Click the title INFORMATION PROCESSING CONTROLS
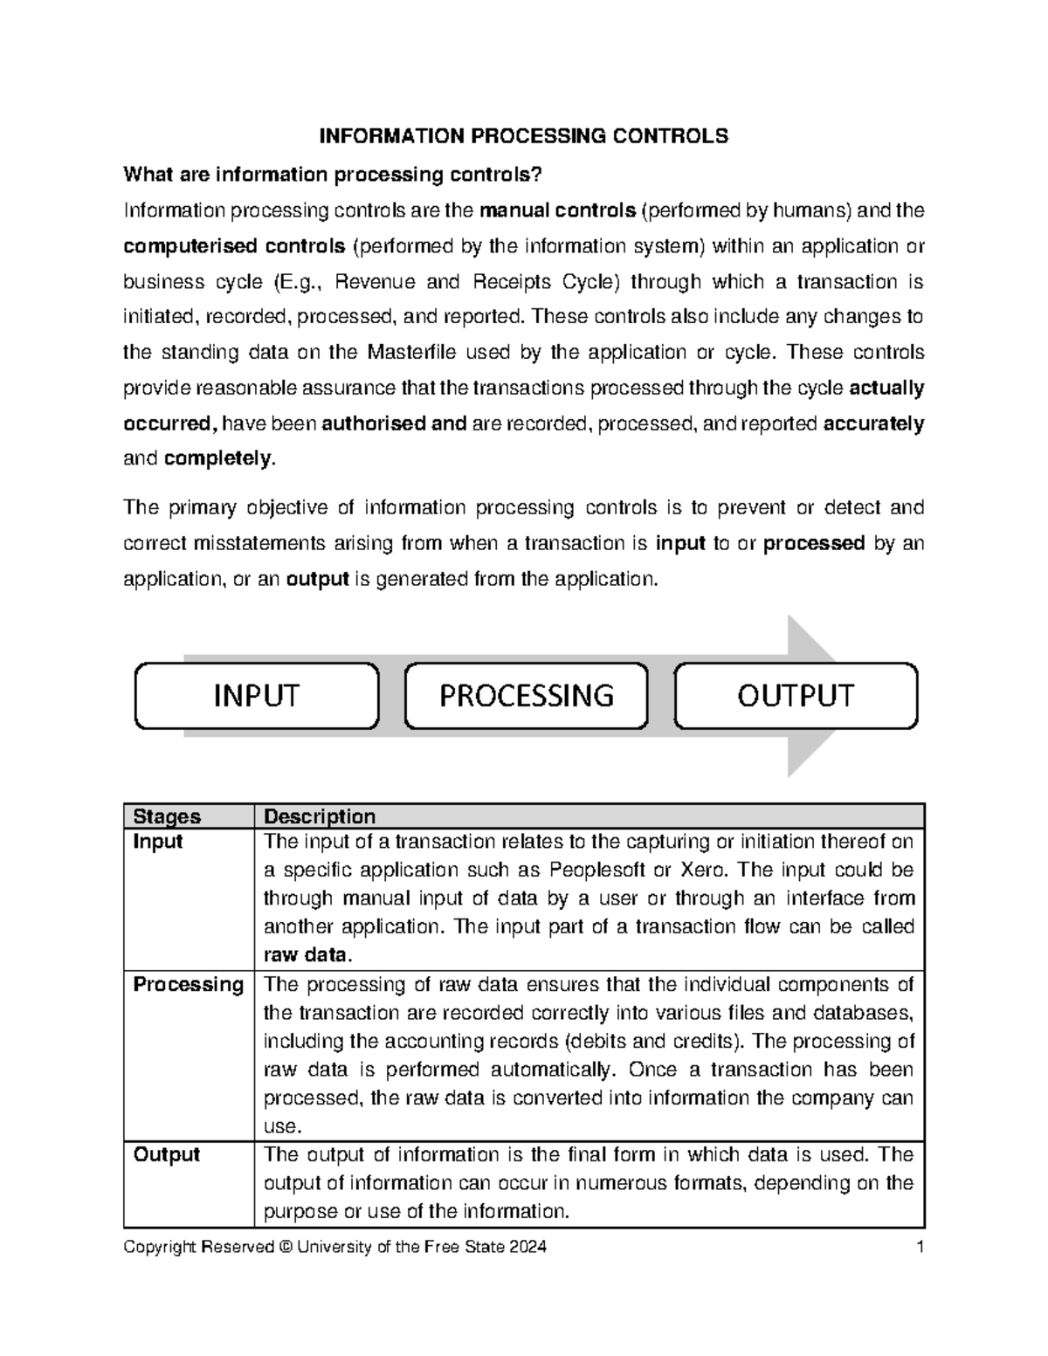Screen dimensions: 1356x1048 coord(523,136)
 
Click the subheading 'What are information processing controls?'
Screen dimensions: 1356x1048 coord(333,175)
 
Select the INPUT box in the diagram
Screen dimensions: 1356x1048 coord(256,696)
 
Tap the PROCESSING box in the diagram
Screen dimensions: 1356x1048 coord(526,696)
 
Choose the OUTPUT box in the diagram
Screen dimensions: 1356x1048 coord(795,696)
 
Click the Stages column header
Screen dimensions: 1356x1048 coord(167,816)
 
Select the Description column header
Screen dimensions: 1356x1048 coord(320,816)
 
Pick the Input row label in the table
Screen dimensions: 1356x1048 coord(158,842)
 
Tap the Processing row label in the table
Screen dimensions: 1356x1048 coord(188,984)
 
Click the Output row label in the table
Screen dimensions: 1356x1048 coord(166,1154)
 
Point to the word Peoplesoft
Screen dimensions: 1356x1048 coord(597,871)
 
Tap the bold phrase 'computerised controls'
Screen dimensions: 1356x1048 coord(234,246)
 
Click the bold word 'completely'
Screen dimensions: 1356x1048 coord(218,458)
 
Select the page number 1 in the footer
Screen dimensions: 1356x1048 coord(920,1247)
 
